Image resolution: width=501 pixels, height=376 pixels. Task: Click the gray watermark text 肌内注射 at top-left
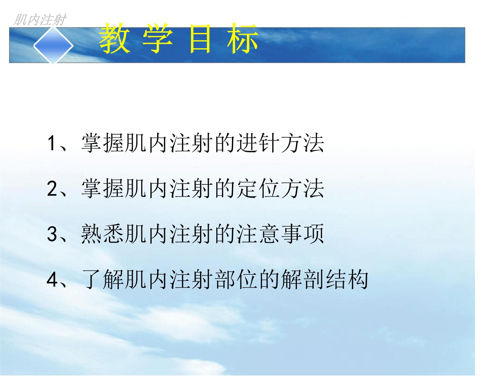(40, 20)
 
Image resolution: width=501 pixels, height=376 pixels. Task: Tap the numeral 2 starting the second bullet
(52, 189)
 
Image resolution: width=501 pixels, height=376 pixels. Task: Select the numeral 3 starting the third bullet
(52, 234)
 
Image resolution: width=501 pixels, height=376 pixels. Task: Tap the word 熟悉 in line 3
(103, 234)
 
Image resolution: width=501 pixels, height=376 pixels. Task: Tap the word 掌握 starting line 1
(103, 143)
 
